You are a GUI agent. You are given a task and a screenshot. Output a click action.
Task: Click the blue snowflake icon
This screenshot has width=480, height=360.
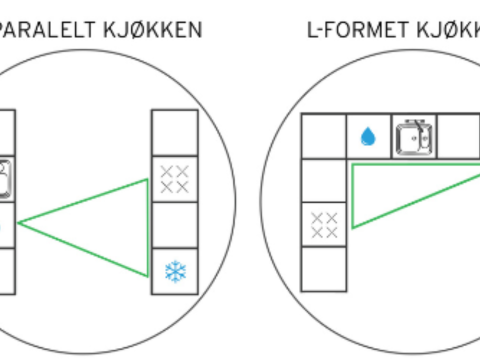click(174, 270)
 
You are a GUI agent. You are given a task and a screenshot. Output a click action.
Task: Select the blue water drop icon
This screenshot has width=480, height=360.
click(368, 138)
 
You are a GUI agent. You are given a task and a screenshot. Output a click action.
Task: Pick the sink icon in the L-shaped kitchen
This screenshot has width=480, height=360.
click(413, 137)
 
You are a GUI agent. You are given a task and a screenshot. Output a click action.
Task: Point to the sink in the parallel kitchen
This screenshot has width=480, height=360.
click(5, 178)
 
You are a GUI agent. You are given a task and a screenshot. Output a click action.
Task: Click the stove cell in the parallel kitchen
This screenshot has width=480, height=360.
click(174, 178)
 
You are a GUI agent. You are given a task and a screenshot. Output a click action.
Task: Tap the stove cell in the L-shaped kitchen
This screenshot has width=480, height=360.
click(323, 224)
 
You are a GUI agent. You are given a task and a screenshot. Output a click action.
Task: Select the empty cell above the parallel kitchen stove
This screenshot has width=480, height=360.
click(174, 132)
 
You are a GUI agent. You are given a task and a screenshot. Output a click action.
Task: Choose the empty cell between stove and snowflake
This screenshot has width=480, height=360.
click(174, 224)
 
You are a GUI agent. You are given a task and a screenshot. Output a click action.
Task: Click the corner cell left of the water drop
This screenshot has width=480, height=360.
click(323, 137)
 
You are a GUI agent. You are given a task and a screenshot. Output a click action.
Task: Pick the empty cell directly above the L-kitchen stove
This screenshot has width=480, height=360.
click(323, 181)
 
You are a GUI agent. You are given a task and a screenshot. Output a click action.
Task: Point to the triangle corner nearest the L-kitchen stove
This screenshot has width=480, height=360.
click(353, 226)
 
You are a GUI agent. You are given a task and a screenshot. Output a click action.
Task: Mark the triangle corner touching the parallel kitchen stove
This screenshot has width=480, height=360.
click(150, 180)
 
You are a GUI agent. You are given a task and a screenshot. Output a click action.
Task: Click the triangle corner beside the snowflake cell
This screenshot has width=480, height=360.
click(150, 271)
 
